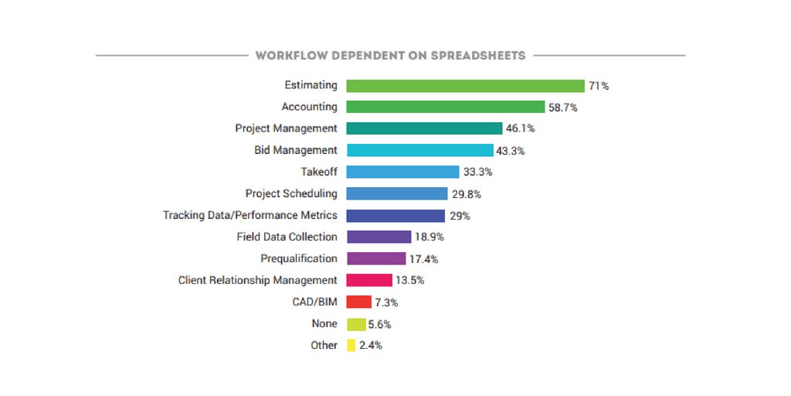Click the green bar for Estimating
(465, 86)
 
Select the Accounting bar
(446, 108)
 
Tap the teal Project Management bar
(424, 128)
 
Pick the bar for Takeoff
(403, 172)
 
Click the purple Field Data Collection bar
(379, 237)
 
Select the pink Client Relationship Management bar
(369, 280)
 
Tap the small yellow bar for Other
(351, 345)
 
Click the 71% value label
(598, 86)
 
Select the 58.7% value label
(563, 108)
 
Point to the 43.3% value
(511, 151)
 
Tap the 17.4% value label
(424, 259)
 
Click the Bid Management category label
(296, 150)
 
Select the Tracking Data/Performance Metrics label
(250, 215)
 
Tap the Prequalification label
(299, 258)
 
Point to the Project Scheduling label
(291, 193)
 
